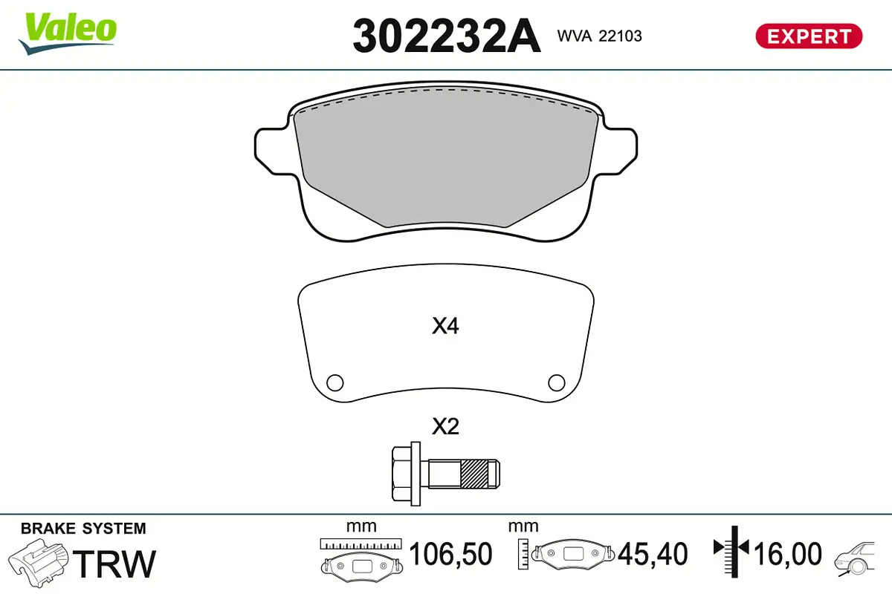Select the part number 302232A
(x=446, y=36)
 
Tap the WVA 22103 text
(x=599, y=36)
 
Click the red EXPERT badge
(x=808, y=36)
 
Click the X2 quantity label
(x=445, y=427)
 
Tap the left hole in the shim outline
(x=335, y=382)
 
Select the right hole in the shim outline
(x=556, y=382)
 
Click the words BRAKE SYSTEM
(x=83, y=529)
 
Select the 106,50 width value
(x=450, y=554)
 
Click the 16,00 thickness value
(x=788, y=554)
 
